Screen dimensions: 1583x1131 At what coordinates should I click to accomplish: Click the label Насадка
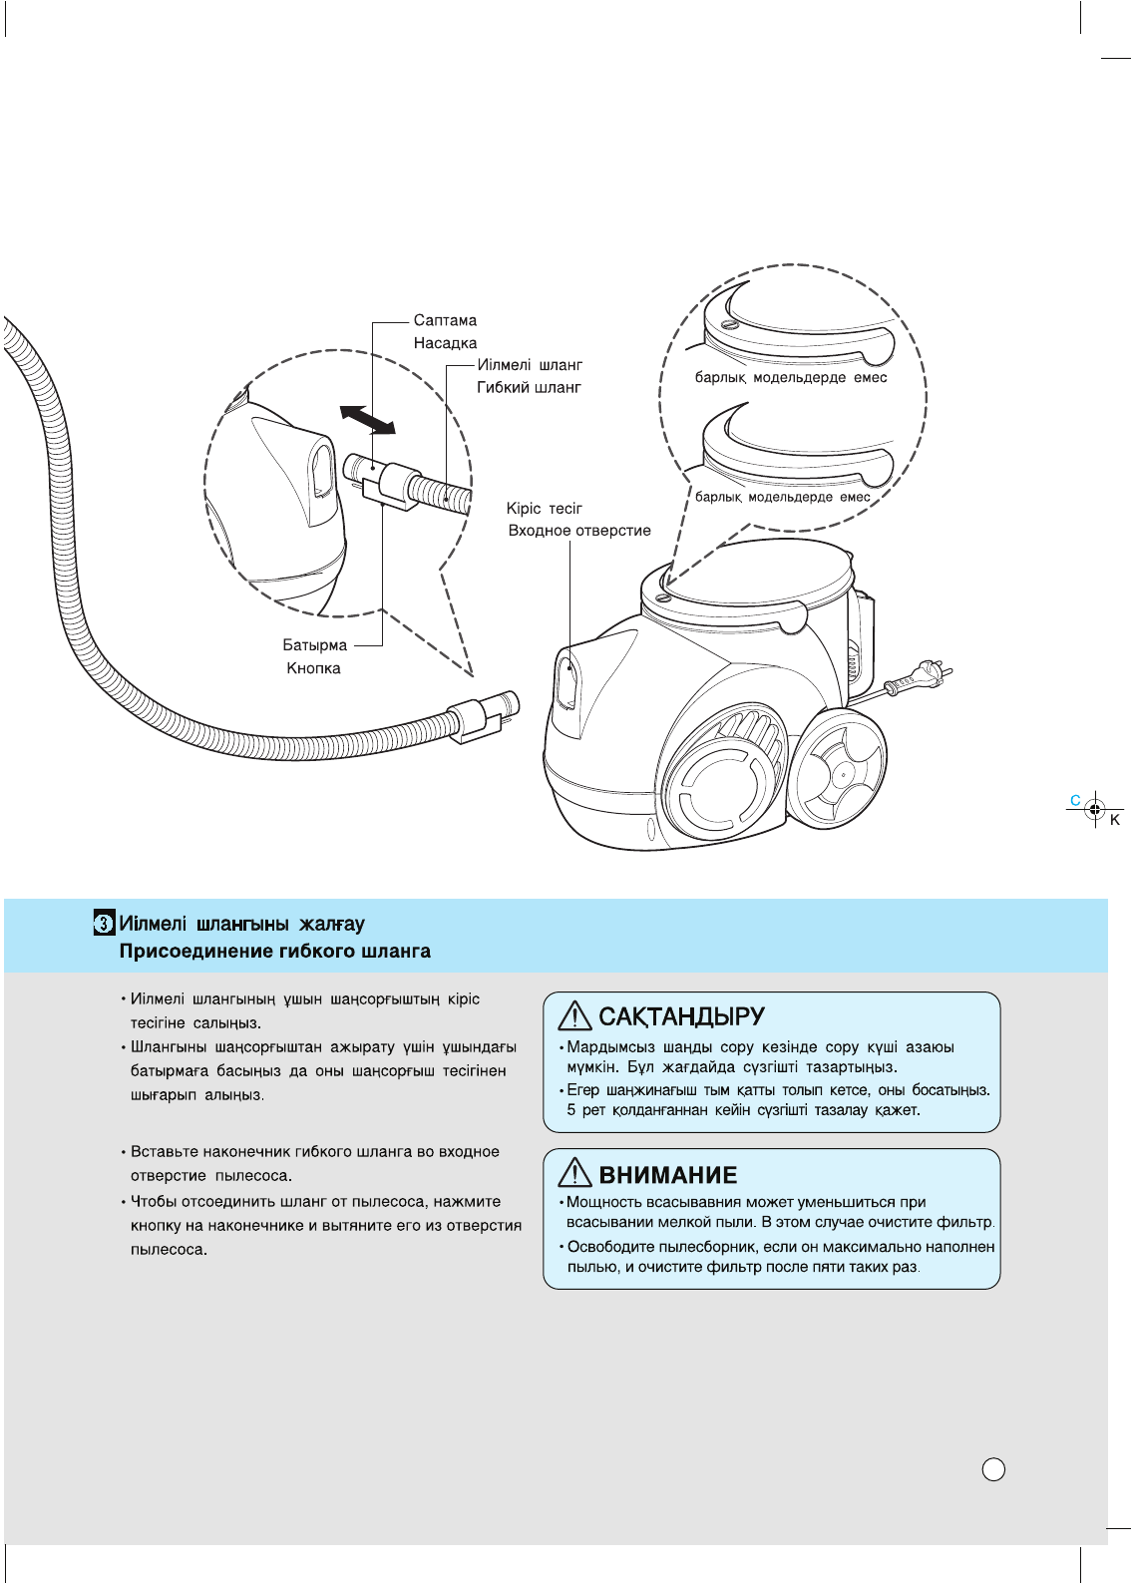pyautogui.click(x=445, y=343)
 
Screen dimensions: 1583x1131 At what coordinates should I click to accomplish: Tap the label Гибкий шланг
pyautogui.click(x=529, y=387)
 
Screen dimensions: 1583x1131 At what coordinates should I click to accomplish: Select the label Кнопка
pyautogui.click(x=313, y=668)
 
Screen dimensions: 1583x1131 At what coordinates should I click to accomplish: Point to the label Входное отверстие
pyautogui.click(x=578, y=531)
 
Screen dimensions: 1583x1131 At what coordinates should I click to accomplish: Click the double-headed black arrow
pyautogui.click(x=367, y=419)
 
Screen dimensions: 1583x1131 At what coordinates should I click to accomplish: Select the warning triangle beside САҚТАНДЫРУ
pyautogui.click(x=575, y=1016)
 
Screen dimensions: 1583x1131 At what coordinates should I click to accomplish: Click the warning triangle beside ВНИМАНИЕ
pyautogui.click(x=575, y=1173)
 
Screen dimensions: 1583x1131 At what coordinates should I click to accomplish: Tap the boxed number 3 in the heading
pyautogui.click(x=104, y=924)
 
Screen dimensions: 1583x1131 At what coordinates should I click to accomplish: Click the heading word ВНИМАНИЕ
pyautogui.click(x=668, y=1175)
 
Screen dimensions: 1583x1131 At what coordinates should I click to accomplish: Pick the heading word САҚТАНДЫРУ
pyautogui.click(x=681, y=1017)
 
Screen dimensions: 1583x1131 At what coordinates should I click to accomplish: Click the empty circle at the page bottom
pyautogui.click(x=993, y=1469)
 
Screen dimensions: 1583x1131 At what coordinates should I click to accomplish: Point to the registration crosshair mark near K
pyautogui.click(x=1095, y=809)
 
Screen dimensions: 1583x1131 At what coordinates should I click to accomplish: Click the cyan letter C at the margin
pyautogui.click(x=1075, y=800)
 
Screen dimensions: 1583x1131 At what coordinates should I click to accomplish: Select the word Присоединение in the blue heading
pyautogui.click(x=184, y=951)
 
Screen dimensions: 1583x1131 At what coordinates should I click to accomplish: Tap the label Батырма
pyautogui.click(x=314, y=645)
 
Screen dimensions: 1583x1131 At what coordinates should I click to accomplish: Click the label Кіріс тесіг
pyautogui.click(x=544, y=509)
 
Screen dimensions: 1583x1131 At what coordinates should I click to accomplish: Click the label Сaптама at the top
pyautogui.click(x=445, y=320)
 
